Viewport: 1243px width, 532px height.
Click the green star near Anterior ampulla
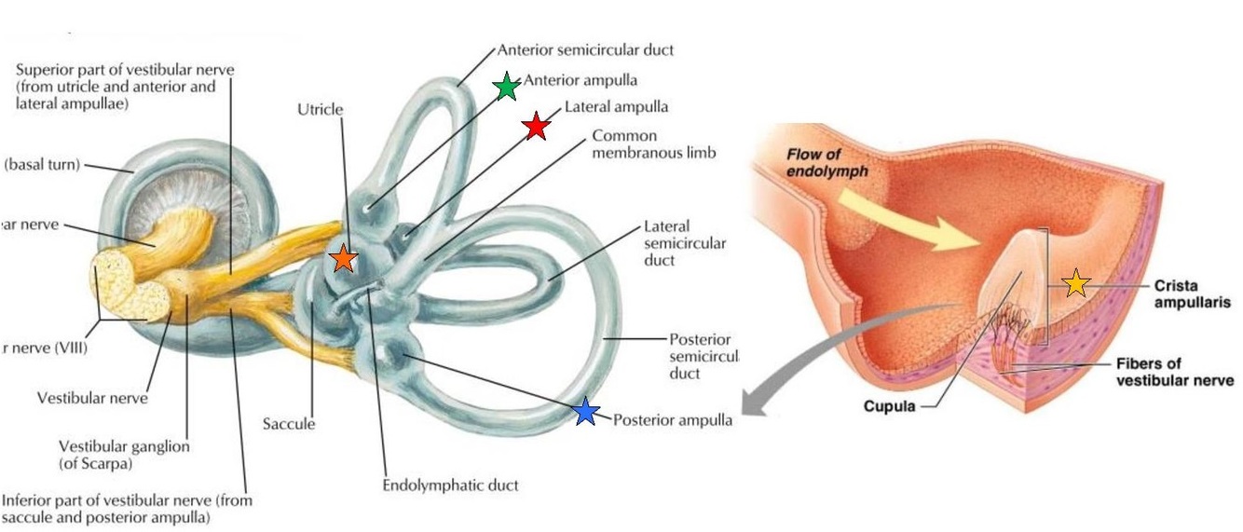pyautogui.click(x=506, y=87)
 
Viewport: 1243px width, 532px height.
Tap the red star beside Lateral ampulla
pyautogui.click(x=536, y=126)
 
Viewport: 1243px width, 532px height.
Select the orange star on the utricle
pyautogui.click(x=343, y=259)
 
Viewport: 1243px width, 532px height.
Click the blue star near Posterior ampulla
pyautogui.click(x=585, y=412)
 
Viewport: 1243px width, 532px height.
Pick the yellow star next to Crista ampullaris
pyautogui.click(x=1076, y=283)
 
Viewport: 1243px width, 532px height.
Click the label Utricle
pyautogui.click(x=320, y=110)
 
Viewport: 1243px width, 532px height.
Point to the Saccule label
pyautogui.click(x=288, y=424)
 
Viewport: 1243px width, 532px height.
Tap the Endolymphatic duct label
pyautogui.click(x=450, y=485)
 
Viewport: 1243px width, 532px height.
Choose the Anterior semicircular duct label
pyautogui.click(x=585, y=50)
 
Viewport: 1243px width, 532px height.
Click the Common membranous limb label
pyautogui.click(x=653, y=143)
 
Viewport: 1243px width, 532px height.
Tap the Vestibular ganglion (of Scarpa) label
pyautogui.click(x=124, y=455)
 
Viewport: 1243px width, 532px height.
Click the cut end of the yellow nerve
pyautogui.click(x=130, y=289)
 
